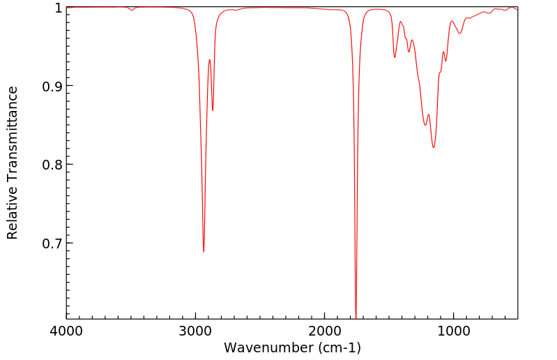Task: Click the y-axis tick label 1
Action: (59, 8)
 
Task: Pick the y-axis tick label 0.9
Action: (53, 87)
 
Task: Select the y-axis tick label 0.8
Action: (53, 165)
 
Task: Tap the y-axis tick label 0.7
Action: (53, 243)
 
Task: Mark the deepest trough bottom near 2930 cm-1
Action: (204, 252)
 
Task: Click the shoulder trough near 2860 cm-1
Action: (213, 110)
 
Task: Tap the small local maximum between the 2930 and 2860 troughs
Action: (209, 60)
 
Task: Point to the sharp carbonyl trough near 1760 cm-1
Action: (356, 317)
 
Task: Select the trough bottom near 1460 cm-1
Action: (395, 57)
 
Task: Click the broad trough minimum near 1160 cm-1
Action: (433, 147)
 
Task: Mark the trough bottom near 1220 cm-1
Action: (425, 125)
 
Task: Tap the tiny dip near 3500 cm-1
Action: (132, 10)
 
